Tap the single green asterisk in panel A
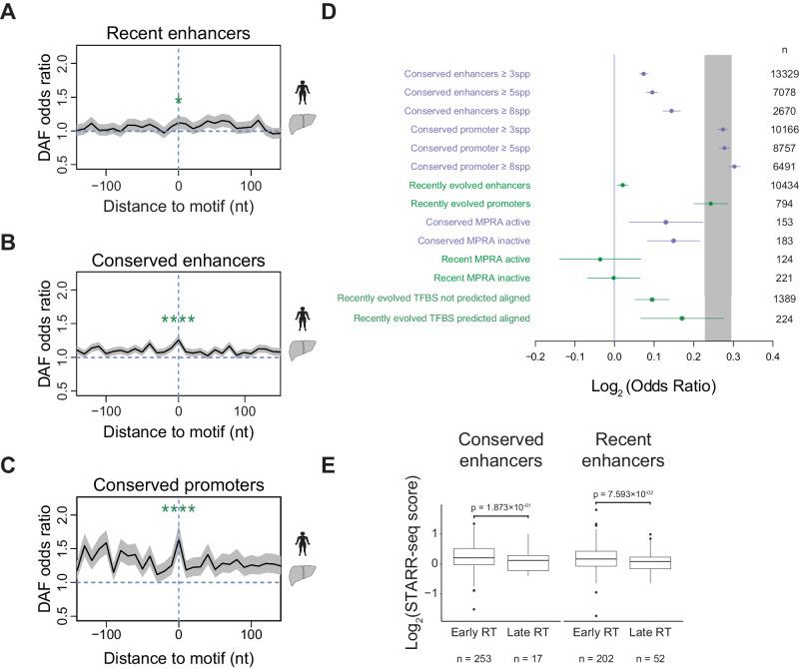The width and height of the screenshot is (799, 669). pyautogui.click(x=179, y=100)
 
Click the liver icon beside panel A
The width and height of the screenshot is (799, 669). pyautogui.click(x=300, y=124)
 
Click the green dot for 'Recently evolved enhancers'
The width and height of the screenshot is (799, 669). pyautogui.click(x=622, y=185)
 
